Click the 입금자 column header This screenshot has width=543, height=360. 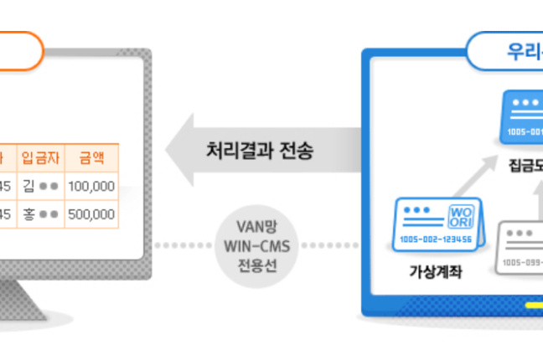coord(40,157)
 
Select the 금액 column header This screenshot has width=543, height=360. coord(91,157)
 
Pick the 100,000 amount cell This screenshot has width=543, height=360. coord(91,185)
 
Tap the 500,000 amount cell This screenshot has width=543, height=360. coord(91,214)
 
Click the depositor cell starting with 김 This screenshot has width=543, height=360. coord(40,185)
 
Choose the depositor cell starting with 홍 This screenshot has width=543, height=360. coord(40,214)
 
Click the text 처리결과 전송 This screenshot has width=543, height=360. coord(259,152)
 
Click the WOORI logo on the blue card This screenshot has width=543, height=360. coord(461,216)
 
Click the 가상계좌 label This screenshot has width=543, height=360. coord(435,272)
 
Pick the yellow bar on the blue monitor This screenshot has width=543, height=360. coord(531,307)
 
